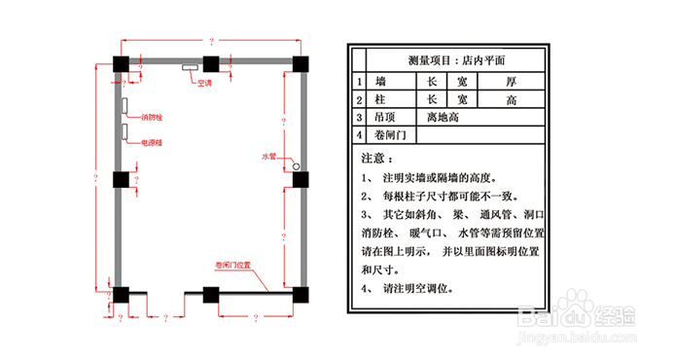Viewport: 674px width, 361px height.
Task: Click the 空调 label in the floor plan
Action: (x=204, y=84)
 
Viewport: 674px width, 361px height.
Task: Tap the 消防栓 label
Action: (x=151, y=118)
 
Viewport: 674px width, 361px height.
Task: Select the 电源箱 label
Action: (x=151, y=142)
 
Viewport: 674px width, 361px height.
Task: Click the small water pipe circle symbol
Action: (x=296, y=166)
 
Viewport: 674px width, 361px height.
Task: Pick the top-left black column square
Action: (x=122, y=65)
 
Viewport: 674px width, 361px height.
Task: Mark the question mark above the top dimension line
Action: (x=210, y=41)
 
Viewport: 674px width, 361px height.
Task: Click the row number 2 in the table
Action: (x=359, y=100)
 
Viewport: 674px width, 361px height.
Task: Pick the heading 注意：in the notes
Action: (x=375, y=157)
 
